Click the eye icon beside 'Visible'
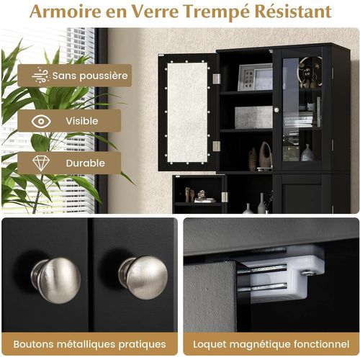(x=40, y=121)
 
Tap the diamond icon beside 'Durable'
(x=40, y=162)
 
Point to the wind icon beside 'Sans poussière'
(x=40, y=75)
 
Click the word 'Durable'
(x=86, y=163)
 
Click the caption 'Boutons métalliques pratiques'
(x=89, y=343)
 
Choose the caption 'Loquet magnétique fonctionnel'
(x=271, y=343)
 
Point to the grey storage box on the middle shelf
(x=253, y=117)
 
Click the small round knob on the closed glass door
(x=276, y=109)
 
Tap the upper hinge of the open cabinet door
(x=215, y=78)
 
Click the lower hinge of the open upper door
(x=215, y=146)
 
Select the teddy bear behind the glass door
(x=310, y=72)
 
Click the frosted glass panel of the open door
(x=186, y=112)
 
